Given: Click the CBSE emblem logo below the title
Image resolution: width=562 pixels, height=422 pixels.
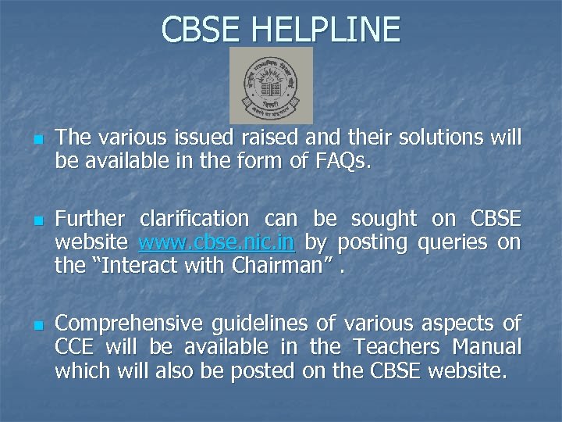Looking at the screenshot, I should (271, 84).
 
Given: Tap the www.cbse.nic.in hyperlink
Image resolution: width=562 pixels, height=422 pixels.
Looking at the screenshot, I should (216, 243).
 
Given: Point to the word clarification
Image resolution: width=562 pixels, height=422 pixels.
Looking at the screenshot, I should (194, 220).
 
